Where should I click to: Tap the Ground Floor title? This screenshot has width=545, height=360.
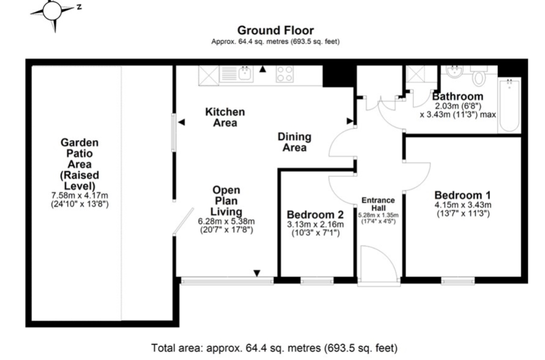[x=275, y=30]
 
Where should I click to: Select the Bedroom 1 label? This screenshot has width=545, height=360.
[x=463, y=195]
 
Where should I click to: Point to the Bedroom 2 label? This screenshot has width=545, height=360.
[x=315, y=215]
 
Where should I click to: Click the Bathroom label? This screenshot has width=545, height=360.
[x=458, y=96]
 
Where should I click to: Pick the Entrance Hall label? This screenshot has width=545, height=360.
[x=378, y=204]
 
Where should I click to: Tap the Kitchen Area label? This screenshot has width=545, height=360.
[x=225, y=117]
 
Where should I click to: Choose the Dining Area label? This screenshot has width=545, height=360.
[x=295, y=142]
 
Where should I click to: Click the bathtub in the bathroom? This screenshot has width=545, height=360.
[x=509, y=105]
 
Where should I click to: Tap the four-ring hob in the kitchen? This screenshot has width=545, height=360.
[x=284, y=74]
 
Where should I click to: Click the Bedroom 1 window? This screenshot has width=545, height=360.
[x=458, y=281]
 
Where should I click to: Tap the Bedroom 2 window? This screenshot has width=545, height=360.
[x=317, y=281]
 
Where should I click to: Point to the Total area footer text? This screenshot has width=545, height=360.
[x=274, y=348]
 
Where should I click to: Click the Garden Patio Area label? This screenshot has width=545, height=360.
[x=80, y=164]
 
